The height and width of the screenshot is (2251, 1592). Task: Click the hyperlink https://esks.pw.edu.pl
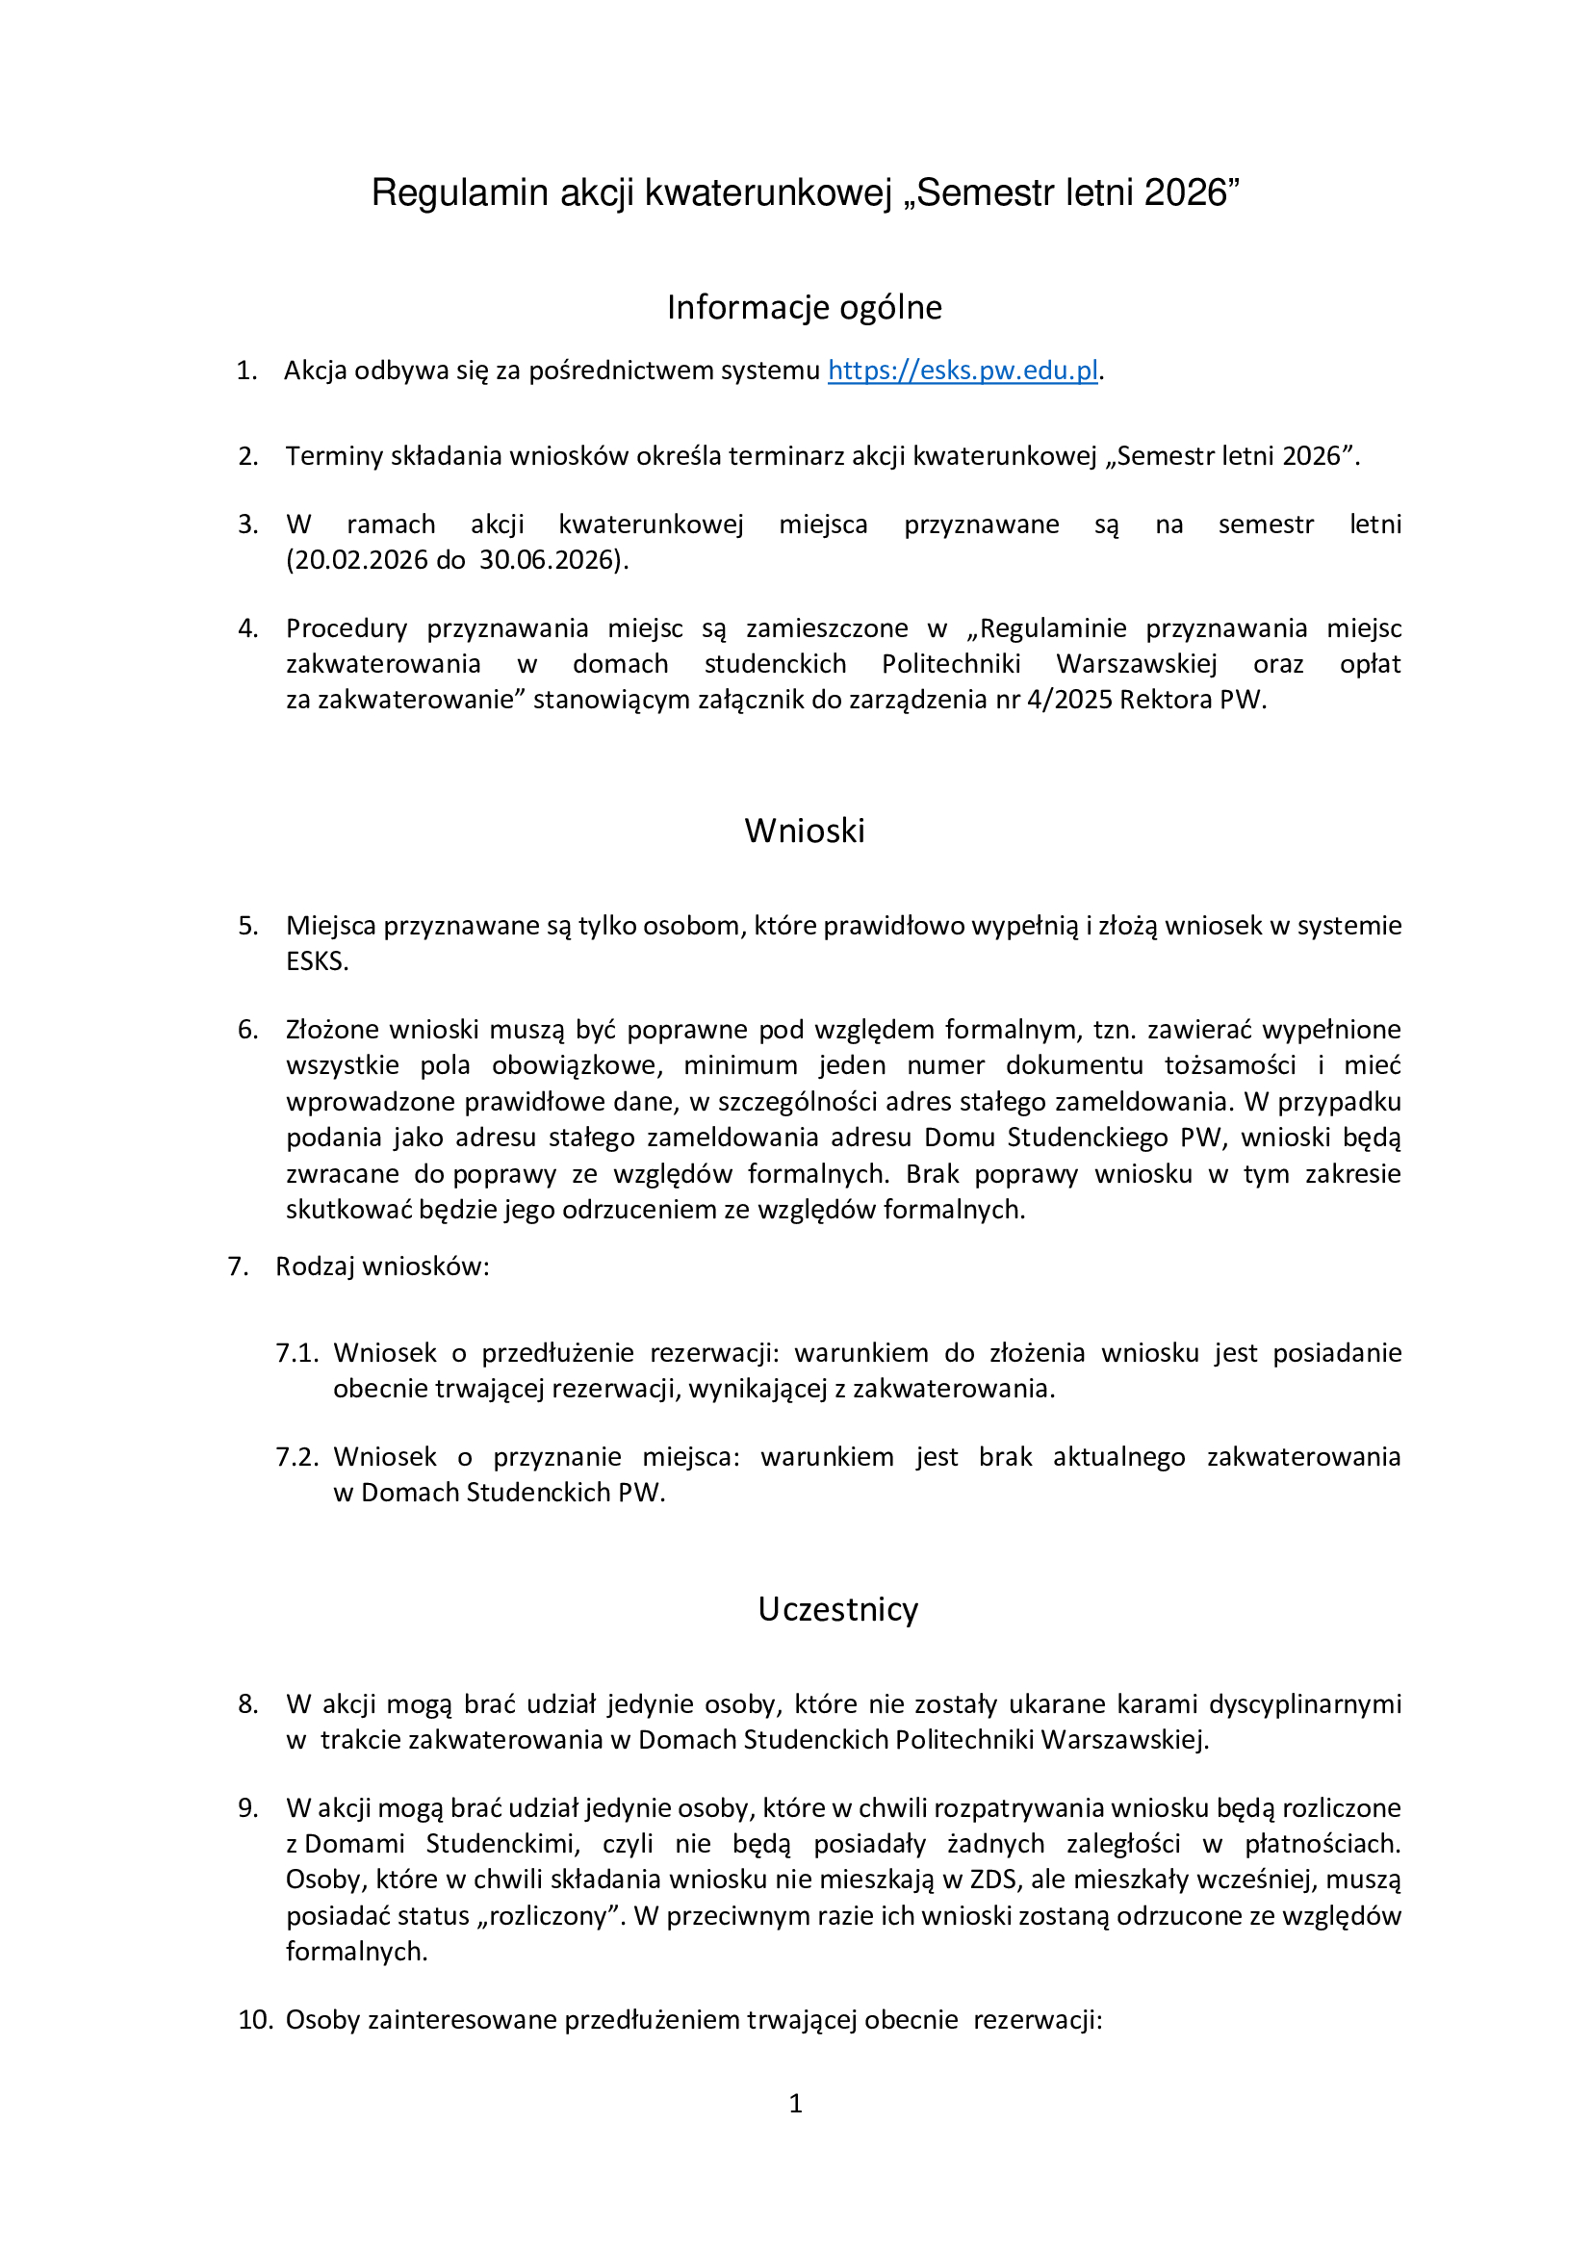click(962, 371)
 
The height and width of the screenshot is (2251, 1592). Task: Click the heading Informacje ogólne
click(804, 307)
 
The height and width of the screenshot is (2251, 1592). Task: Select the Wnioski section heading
click(804, 831)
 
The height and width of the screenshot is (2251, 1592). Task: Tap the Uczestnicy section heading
click(837, 1609)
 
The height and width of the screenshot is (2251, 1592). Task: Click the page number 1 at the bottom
click(796, 2103)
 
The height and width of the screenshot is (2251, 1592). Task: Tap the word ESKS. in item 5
click(317, 961)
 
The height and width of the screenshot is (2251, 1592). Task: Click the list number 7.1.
click(297, 1353)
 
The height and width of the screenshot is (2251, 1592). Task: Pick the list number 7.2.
click(297, 1457)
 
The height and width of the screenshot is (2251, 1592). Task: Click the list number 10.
click(254, 2020)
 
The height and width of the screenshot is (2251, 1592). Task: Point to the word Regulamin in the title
click(460, 193)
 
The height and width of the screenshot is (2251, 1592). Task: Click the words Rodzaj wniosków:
click(382, 1266)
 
